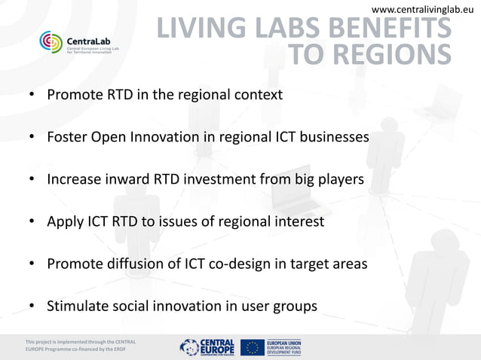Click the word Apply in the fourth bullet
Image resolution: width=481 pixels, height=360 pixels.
pyautogui.click(x=64, y=222)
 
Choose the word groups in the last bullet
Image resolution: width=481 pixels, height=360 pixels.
pyautogui.click(x=296, y=307)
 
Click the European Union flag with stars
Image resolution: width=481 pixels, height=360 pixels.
pyautogui.click(x=253, y=346)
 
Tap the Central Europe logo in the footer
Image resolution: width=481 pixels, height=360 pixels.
pyautogui.click(x=207, y=346)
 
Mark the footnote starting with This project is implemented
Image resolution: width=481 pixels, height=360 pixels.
pyautogui.click(x=79, y=346)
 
